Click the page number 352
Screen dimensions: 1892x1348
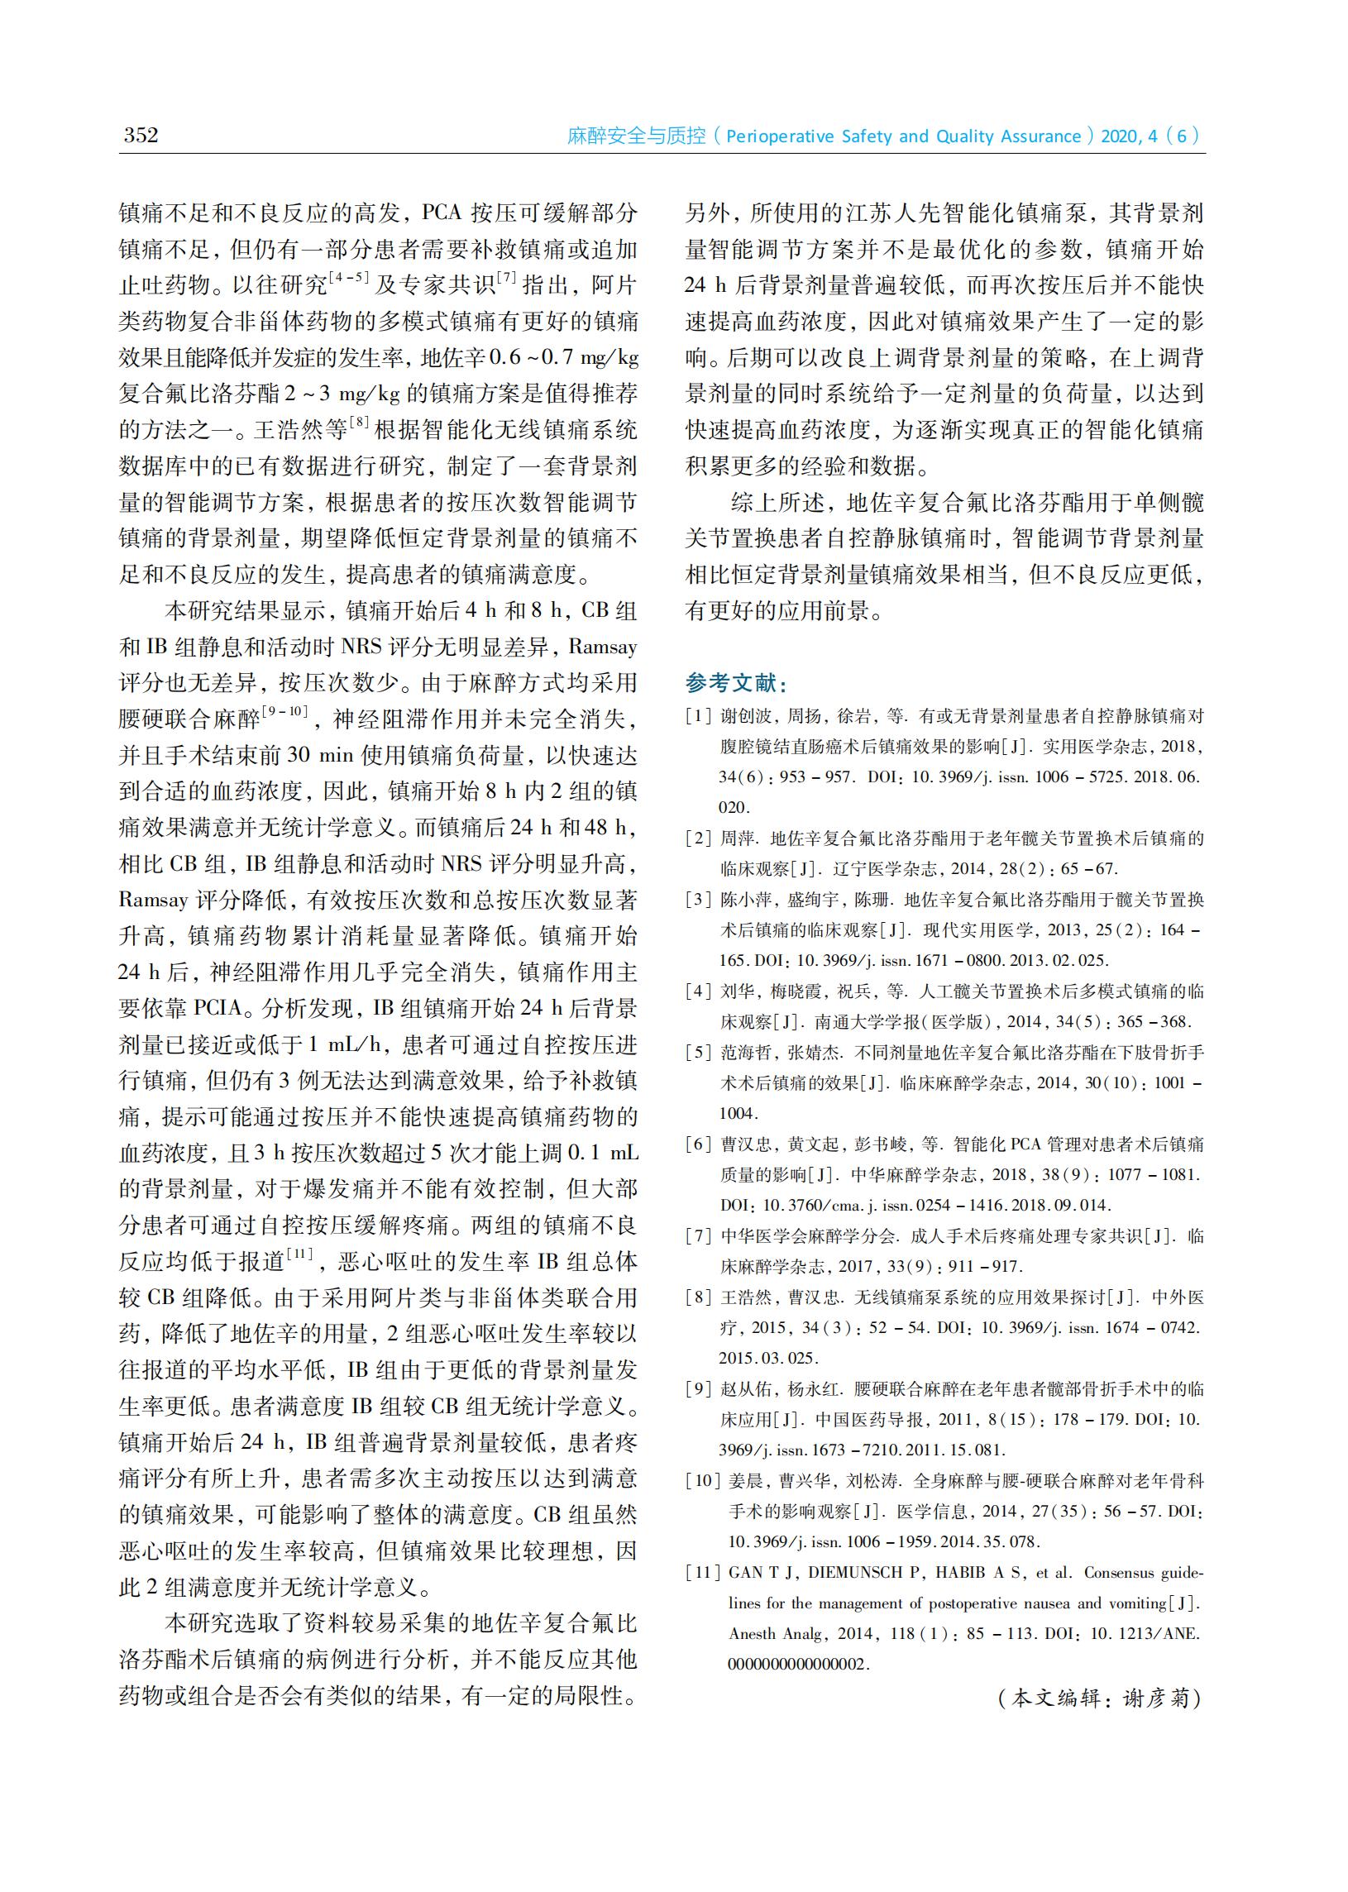[x=141, y=135]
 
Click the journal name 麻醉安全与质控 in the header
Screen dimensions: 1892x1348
[x=636, y=136]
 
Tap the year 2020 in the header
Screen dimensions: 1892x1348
[x=1120, y=136]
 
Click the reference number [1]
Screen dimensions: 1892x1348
[x=698, y=716]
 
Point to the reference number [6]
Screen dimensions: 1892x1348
[x=698, y=1145]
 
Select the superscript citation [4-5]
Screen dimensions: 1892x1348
[x=349, y=277]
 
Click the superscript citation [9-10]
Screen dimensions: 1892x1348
[x=284, y=711]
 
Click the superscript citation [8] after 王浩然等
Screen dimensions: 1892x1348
[x=360, y=422]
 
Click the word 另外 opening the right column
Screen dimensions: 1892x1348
[x=707, y=213]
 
